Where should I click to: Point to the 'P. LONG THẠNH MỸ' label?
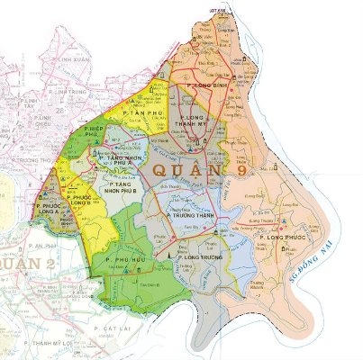[x=200, y=124]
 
